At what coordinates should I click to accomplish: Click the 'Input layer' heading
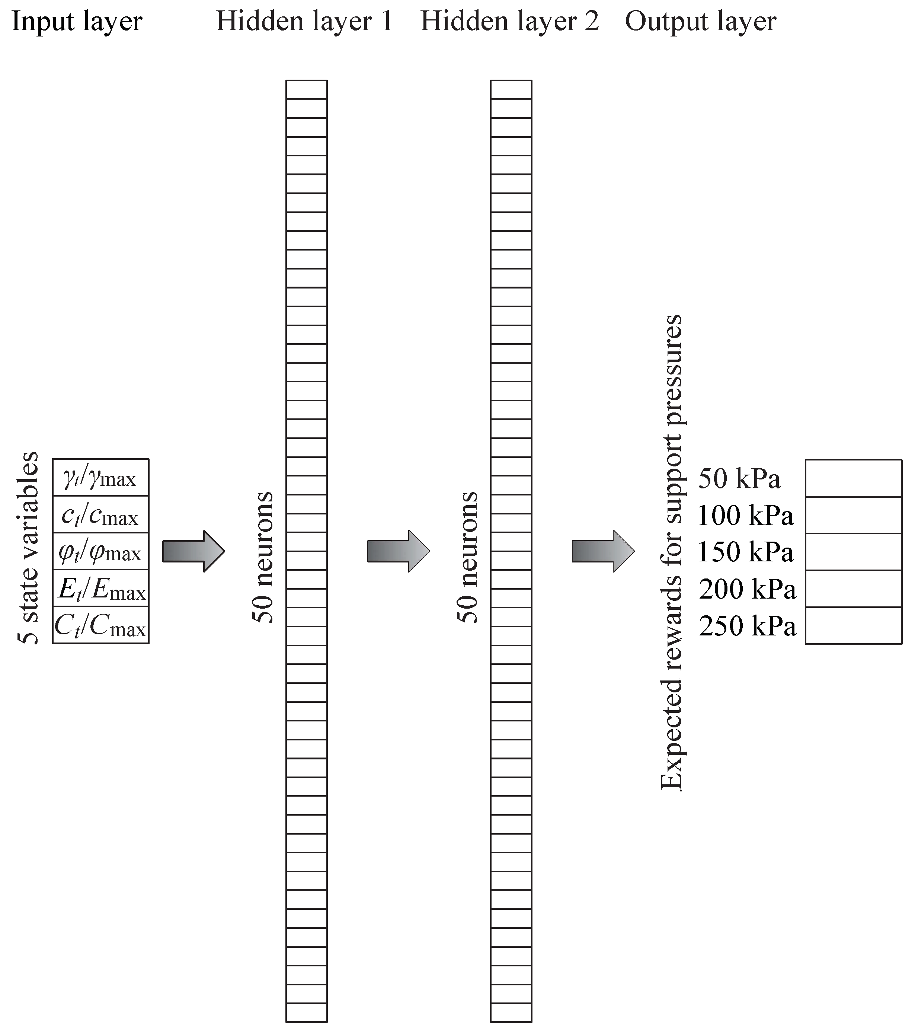[77, 22]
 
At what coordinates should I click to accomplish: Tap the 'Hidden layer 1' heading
[304, 22]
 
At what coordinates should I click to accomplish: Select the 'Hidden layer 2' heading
[509, 22]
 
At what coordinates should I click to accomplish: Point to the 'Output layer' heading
[700, 22]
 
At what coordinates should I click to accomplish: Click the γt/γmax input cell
[100, 478]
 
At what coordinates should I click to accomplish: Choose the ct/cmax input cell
[100, 514]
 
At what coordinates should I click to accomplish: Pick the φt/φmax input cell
[100, 551]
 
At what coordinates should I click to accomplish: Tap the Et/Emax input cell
[100, 588]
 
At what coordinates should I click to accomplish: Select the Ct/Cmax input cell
[100, 625]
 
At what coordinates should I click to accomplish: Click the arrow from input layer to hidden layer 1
[193, 551]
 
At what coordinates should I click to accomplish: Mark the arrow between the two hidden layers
[398, 551]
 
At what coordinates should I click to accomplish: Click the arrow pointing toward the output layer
[603, 551]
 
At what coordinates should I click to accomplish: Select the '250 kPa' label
[747, 626]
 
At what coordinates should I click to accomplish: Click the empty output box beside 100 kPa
[853, 515]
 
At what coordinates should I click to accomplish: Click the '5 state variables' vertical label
[28, 548]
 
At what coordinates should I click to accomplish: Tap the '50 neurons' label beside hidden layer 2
[467, 557]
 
